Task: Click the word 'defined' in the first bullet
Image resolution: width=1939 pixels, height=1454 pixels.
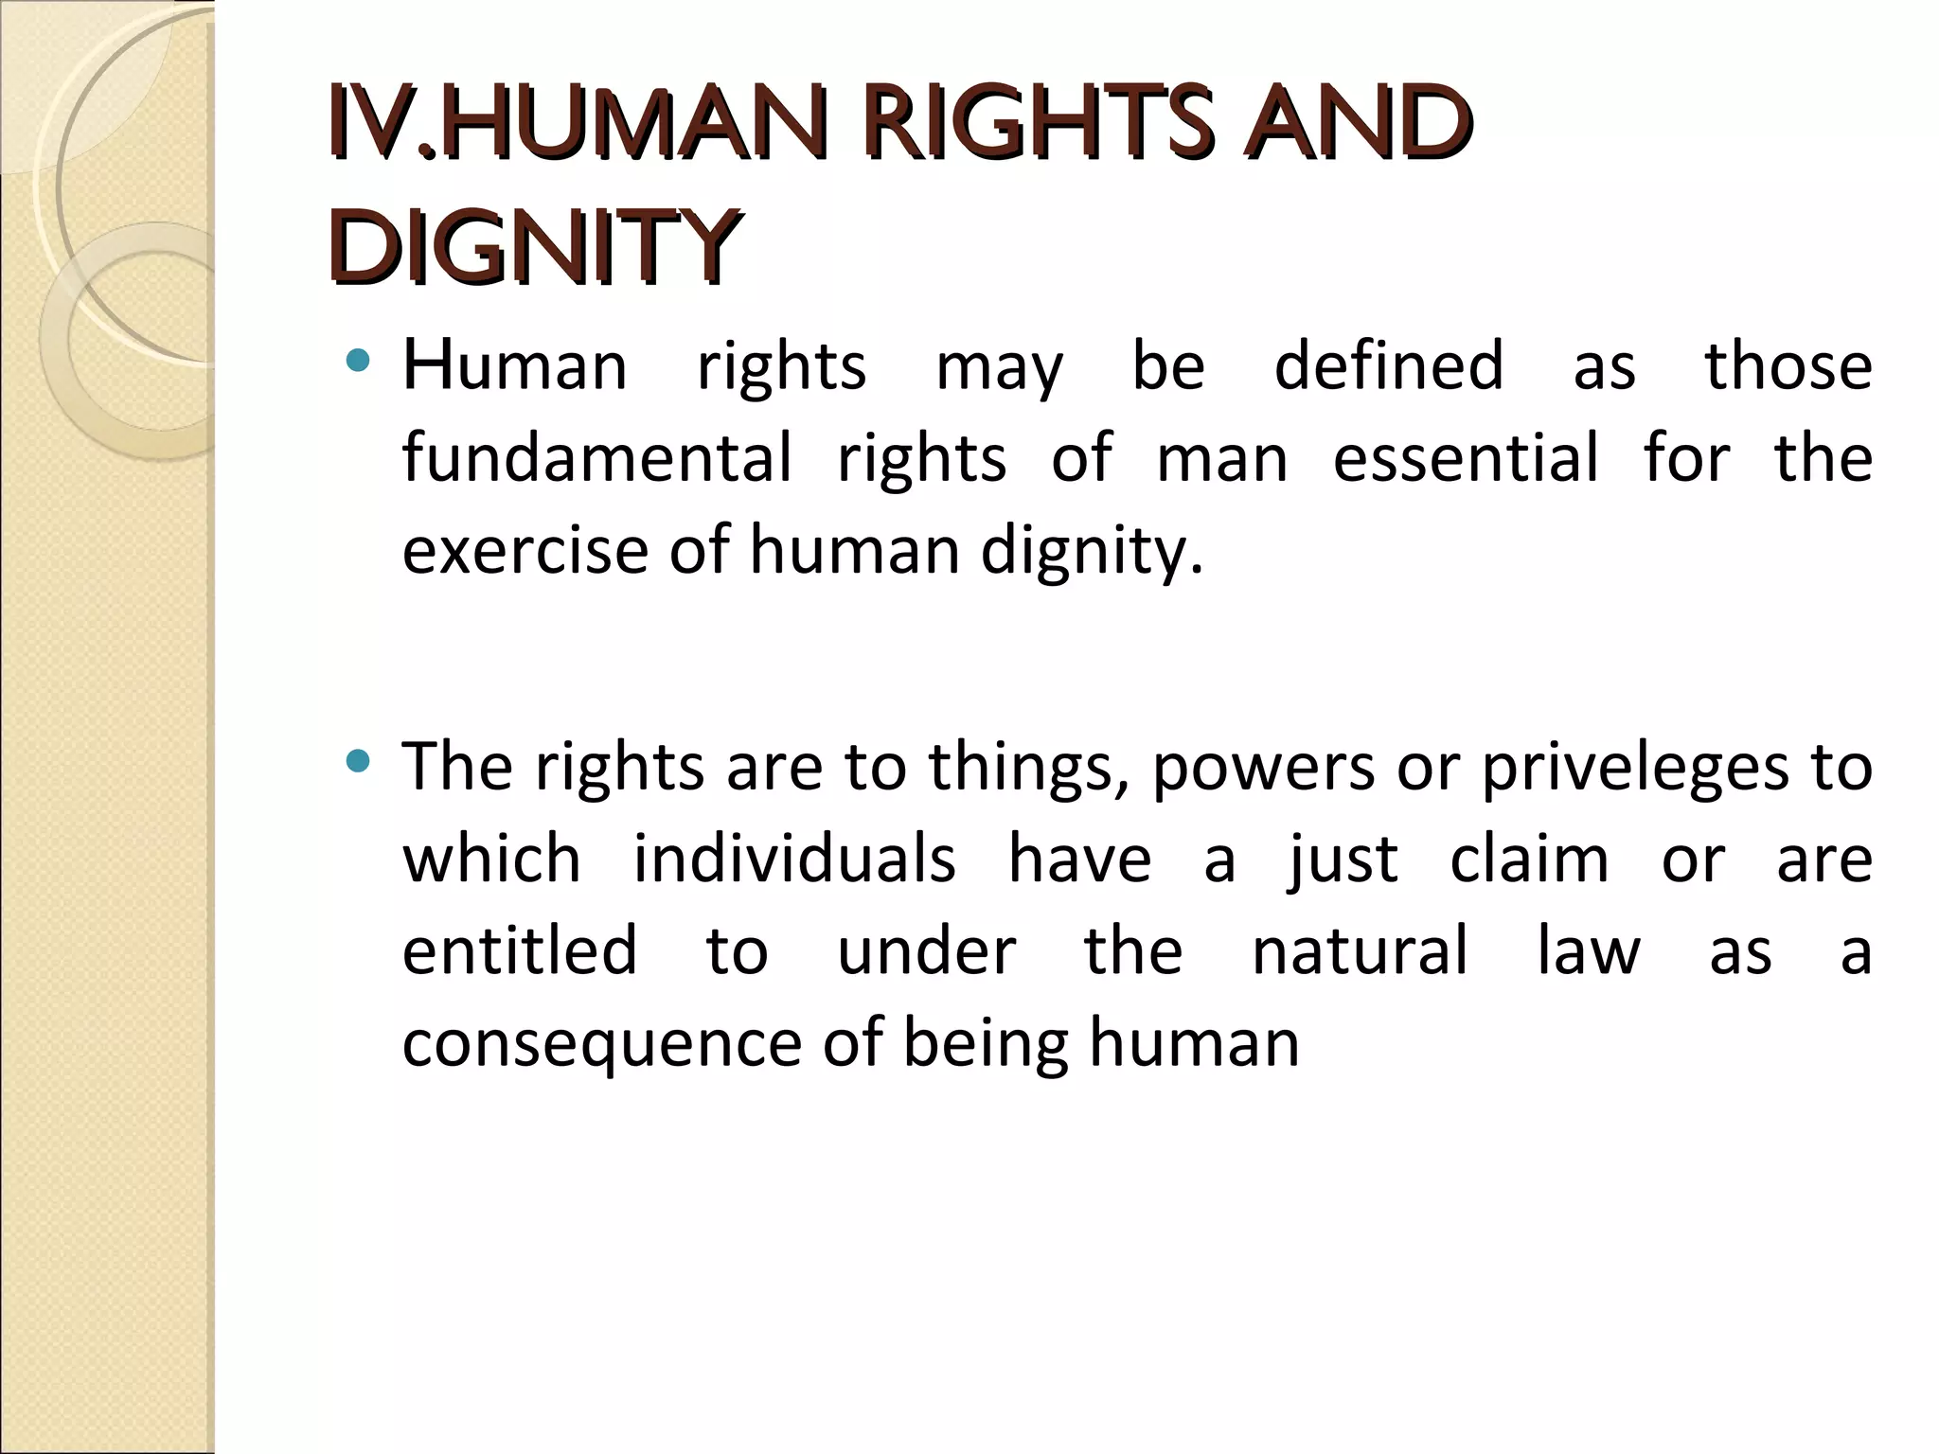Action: [x=1388, y=365]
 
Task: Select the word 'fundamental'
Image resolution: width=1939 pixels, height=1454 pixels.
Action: [x=596, y=457]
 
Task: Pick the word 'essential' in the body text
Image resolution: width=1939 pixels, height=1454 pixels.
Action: [x=1466, y=457]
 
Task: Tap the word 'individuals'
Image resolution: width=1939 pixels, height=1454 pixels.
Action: [x=794, y=859]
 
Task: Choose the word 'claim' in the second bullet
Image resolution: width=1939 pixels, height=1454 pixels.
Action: [x=1529, y=859]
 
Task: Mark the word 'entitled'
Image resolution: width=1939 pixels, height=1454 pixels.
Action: [x=520, y=950]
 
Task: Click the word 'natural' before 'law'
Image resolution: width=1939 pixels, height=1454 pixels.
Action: [x=1360, y=950]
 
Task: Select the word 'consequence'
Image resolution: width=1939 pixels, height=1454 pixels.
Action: [x=602, y=1043]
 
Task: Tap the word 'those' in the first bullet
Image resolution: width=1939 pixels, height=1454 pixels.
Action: [x=1788, y=365]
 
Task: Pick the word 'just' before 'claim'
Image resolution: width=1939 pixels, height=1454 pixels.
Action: [x=1343, y=860]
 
